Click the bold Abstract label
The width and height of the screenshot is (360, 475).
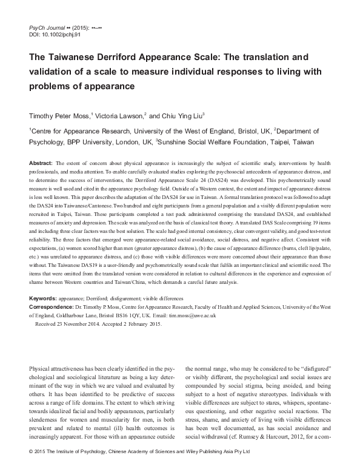click(x=40, y=164)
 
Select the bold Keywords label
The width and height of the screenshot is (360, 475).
click(x=42, y=299)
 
